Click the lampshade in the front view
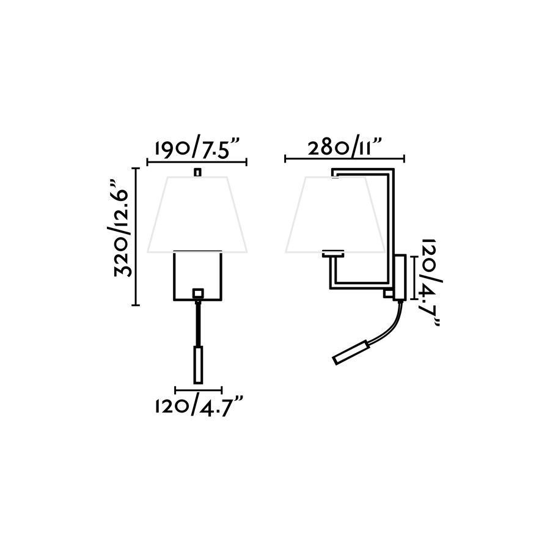pos(197,215)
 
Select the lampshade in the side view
pos(335,215)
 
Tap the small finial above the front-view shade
pos(198,172)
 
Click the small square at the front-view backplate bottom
pos(198,292)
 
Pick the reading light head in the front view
pos(198,364)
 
